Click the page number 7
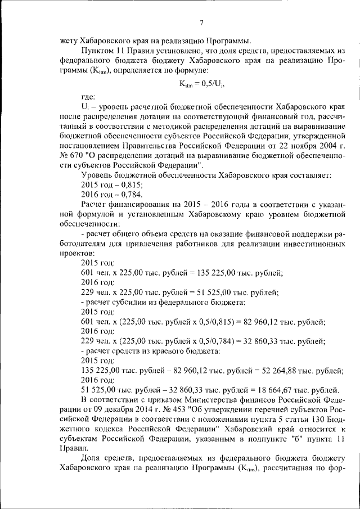201,23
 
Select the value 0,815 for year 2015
130,184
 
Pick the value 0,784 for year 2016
130,194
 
